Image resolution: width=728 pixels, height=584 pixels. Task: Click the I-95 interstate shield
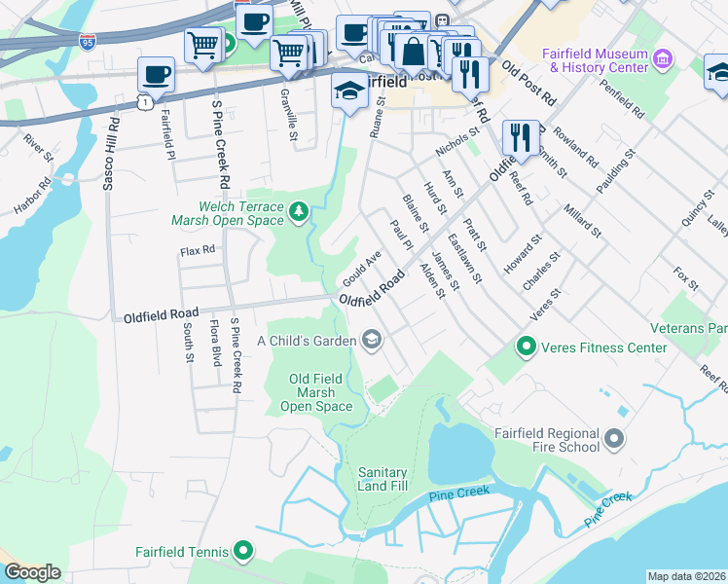(x=88, y=41)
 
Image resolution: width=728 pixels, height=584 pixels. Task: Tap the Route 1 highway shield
(x=143, y=101)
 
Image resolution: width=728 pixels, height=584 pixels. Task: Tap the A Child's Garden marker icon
(x=371, y=340)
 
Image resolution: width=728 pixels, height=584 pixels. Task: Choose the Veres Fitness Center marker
(x=527, y=347)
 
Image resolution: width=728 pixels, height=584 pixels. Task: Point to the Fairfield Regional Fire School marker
(x=613, y=440)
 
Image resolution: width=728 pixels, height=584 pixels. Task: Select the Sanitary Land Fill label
(x=382, y=478)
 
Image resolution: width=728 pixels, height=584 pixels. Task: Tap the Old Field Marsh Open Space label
(x=322, y=392)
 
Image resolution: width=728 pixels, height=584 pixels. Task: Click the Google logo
(x=32, y=572)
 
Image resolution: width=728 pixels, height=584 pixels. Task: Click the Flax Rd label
(x=197, y=251)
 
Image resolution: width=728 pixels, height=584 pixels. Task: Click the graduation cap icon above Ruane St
(x=348, y=90)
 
